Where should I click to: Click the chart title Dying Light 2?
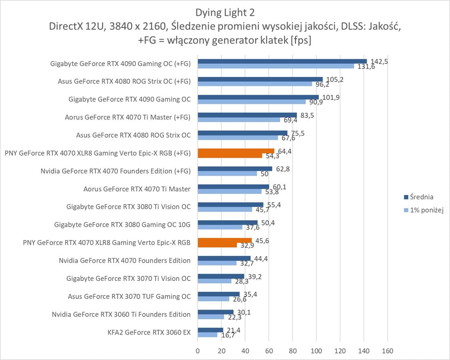[x=225, y=12]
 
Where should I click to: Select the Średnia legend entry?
[x=418, y=197]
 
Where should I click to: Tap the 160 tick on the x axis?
[x=387, y=351]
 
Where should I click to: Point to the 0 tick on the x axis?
[x=198, y=351]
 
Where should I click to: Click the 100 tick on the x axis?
[x=316, y=351]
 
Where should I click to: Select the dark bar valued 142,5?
[x=282, y=61]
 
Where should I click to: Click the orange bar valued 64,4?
[x=236, y=151]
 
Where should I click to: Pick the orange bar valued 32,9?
[x=217, y=245]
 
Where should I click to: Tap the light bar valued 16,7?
[x=208, y=335]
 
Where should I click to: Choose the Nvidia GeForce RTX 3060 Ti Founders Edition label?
[x=121, y=314]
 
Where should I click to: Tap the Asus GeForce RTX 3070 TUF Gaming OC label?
[x=129, y=296]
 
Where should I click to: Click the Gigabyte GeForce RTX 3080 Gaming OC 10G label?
[x=122, y=225]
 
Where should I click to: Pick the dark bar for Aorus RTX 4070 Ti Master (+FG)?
[x=247, y=115]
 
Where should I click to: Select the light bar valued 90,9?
[x=252, y=102]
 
